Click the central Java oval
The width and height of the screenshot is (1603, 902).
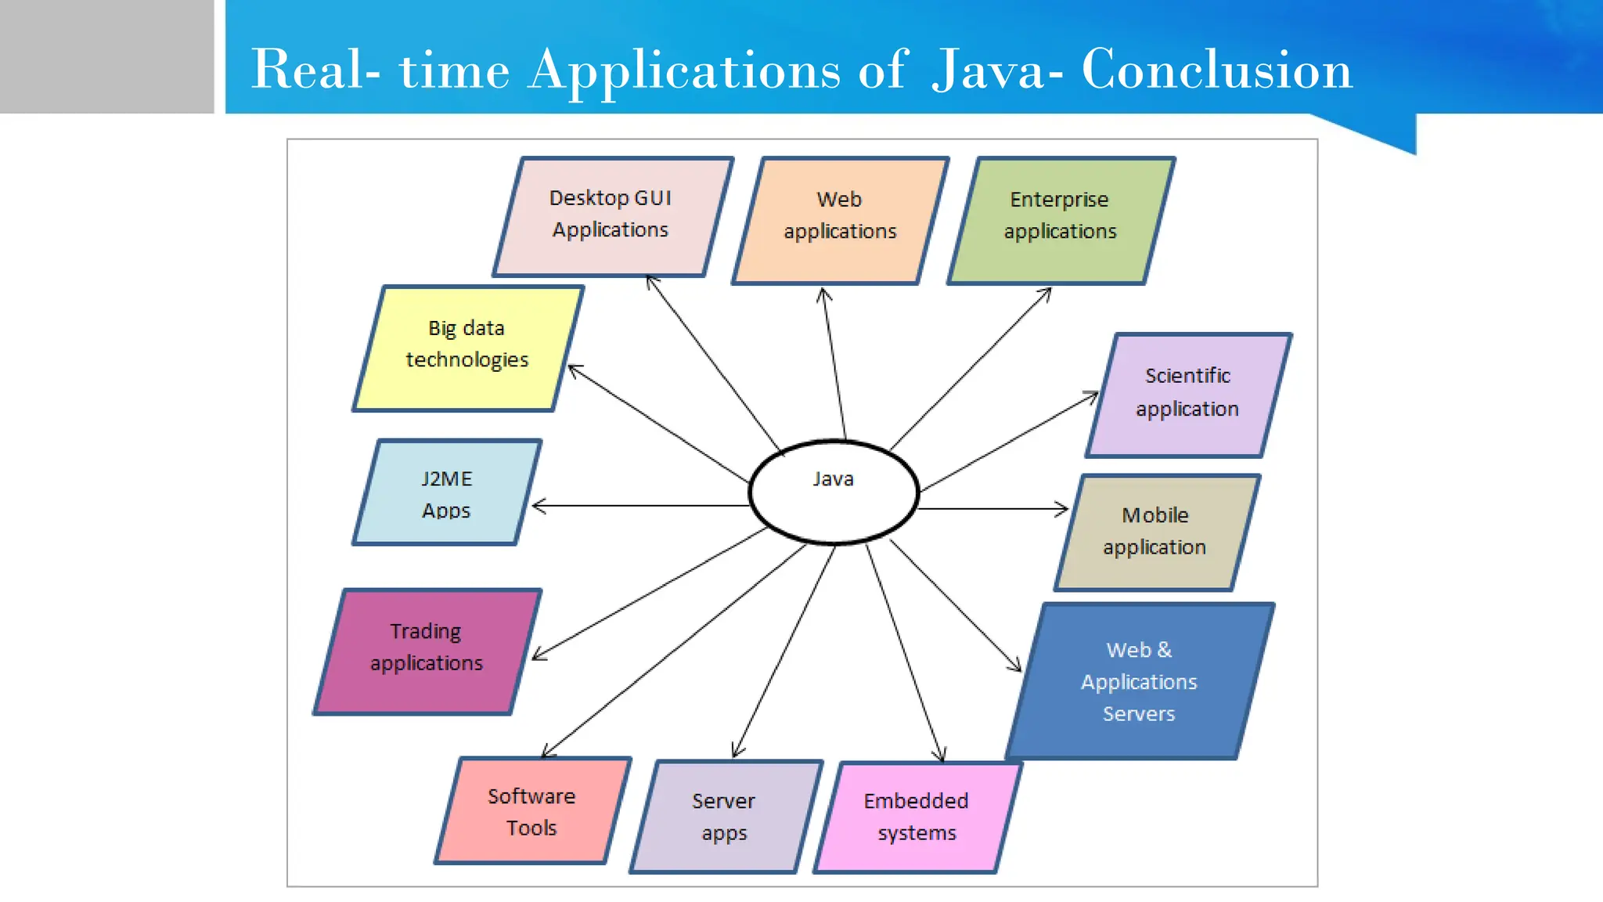click(x=834, y=492)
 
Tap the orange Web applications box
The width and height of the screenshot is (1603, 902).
click(x=840, y=219)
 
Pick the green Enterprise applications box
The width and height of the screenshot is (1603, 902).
click(x=1061, y=219)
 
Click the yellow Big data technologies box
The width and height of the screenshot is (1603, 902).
click(x=467, y=348)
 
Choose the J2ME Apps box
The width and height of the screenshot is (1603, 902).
click(x=447, y=493)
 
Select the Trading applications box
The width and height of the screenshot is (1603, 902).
click(x=427, y=650)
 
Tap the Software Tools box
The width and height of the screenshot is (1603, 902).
click(x=532, y=811)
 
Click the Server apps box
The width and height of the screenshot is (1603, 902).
click(x=725, y=817)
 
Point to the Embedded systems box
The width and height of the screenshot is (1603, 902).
click(x=917, y=817)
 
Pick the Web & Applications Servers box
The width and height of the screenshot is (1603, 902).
click(x=1139, y=681)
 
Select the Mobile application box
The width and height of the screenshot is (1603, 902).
click(x=1156, y=532)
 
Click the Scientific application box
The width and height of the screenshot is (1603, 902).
click(x=1187, y=395)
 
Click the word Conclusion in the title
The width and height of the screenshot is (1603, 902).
click(x=1216, y=70)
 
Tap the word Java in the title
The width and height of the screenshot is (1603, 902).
click(x=989, y=70)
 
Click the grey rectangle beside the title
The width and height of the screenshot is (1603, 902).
click(x=106, y=56)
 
